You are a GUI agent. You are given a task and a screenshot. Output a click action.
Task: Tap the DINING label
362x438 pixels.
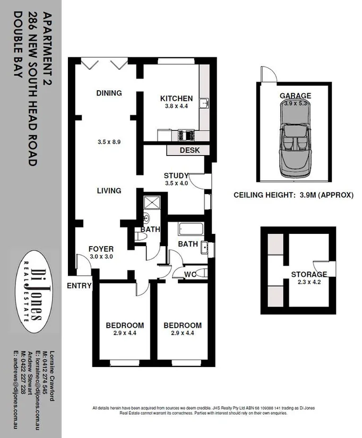click(109, 93)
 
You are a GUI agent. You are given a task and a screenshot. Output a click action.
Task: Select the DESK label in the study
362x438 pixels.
click(189, 150)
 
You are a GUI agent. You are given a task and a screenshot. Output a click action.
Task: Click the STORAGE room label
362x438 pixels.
click(309, 274)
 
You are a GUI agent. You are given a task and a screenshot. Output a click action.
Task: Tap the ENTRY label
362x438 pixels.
click(79, 286)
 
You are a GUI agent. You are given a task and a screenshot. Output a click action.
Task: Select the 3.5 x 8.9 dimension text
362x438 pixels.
click(110, 142)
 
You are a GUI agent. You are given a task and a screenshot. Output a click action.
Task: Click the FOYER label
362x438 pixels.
click(101, 249)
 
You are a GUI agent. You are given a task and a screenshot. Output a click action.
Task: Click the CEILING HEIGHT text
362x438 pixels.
click(294, 195)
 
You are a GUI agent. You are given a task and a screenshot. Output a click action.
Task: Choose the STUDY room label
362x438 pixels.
click(173, 176)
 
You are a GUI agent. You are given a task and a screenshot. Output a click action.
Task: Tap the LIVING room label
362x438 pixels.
click(109, 190)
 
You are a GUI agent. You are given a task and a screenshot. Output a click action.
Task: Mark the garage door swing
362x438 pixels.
click(268, 75)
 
